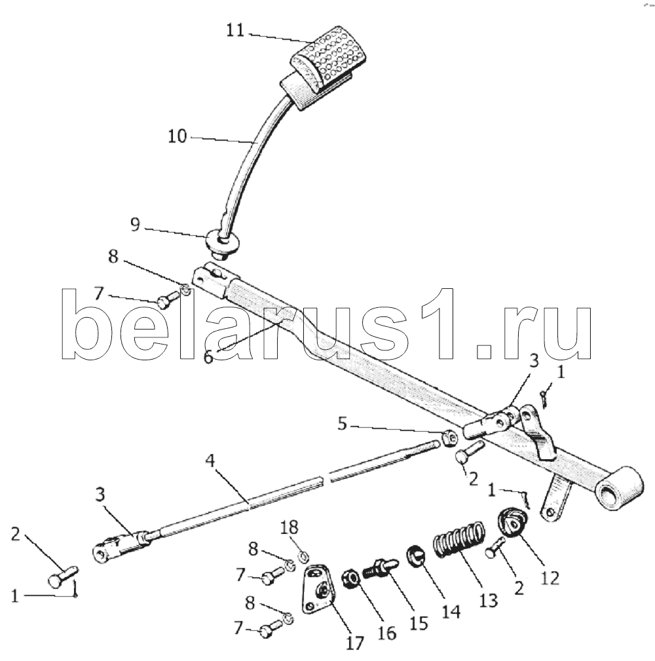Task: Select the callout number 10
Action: [x=177, y=136]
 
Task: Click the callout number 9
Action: [x=135, y=225]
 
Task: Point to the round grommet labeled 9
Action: [x=223, y=244]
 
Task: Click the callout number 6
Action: [x=209, y=357]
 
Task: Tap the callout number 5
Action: [x=342, y=424]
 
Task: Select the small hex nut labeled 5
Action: [x=449, y=439]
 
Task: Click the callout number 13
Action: [x=489, y=601]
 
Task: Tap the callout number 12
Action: [x=550, y=578]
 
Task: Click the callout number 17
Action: [x=354, y=643]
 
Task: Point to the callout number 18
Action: [x=290, y=527]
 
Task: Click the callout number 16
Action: [x=386, y=633]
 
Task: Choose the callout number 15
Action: [x=419, y=623]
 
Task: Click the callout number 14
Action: [x=451, y=611]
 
